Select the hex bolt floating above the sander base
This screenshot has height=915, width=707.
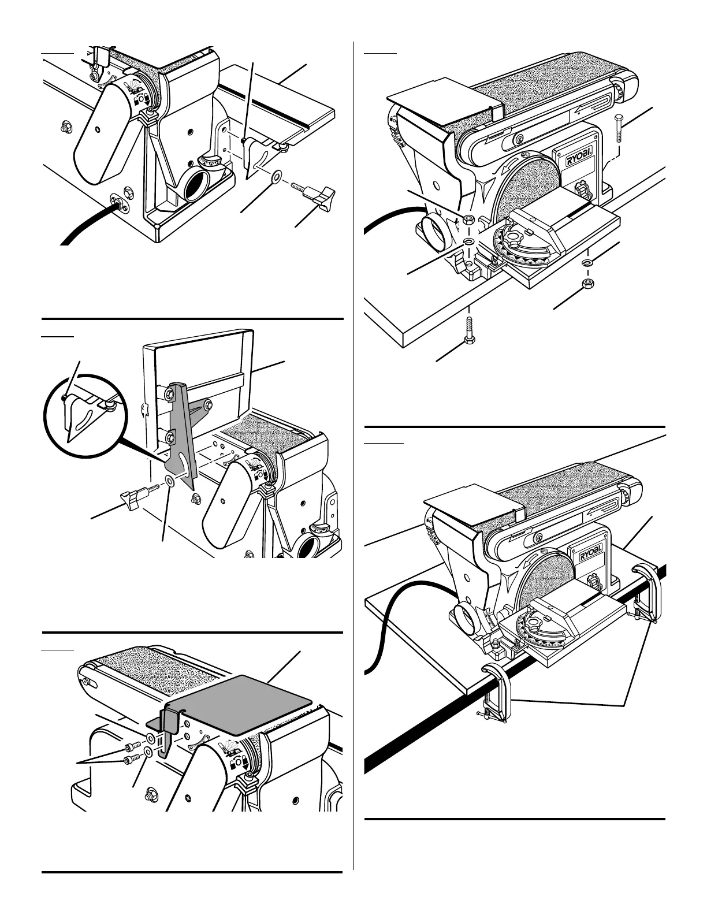[619, 129]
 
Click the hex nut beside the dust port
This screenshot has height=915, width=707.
[468, 220]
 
